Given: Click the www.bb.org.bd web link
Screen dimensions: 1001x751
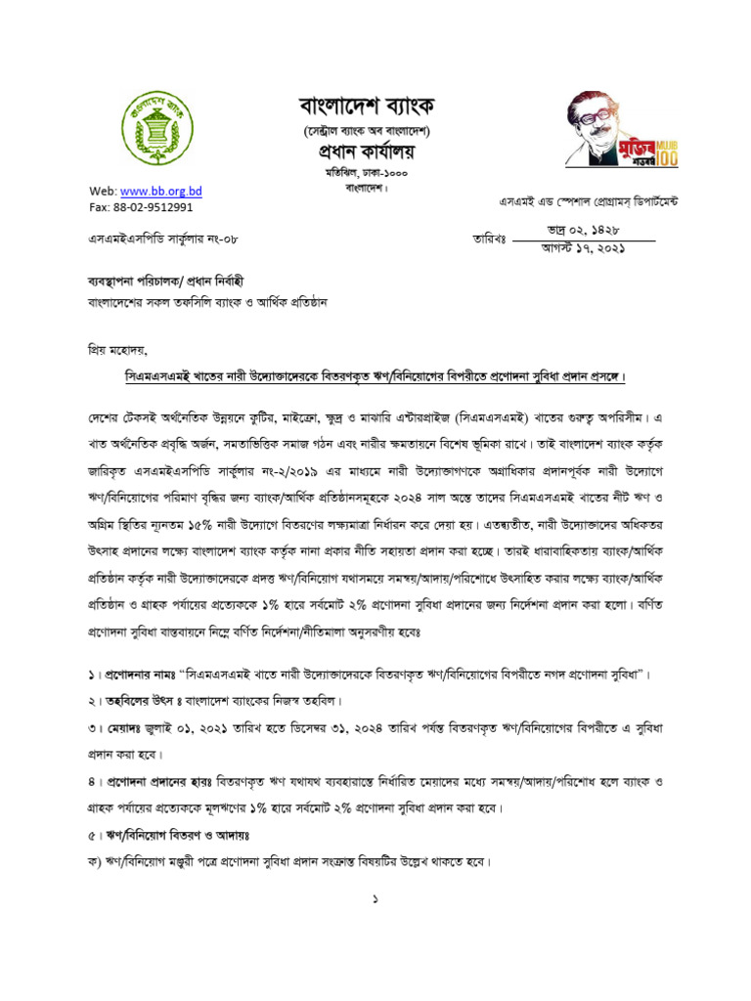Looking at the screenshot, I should [x=160, y=191].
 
